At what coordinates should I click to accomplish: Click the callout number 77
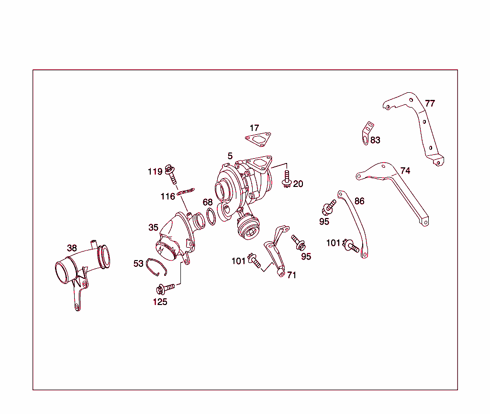430,103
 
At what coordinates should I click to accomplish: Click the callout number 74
405,171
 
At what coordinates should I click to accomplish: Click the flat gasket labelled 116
186,192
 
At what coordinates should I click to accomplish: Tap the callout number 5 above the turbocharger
230,156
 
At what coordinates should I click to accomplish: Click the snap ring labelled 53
156,267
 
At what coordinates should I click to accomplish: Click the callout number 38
72,248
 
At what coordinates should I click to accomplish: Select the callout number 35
153,228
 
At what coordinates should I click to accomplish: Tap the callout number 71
291,275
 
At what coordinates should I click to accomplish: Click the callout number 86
359,201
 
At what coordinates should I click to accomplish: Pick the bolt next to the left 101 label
254,261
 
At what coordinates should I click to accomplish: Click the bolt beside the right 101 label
351,246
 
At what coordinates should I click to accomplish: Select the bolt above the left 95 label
328,208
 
